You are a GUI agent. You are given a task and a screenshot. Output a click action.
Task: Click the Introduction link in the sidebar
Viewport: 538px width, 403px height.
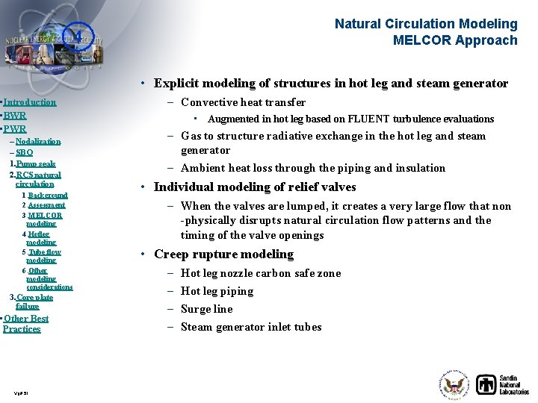point(30,102)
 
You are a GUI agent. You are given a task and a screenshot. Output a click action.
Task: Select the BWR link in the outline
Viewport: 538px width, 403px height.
point(15,116)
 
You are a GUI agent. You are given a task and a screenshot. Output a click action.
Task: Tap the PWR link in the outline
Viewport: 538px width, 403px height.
point(15,129)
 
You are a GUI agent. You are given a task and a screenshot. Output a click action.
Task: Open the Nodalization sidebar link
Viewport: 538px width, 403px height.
point(38,142)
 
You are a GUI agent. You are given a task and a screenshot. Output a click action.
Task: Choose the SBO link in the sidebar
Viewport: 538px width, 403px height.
point(24,152)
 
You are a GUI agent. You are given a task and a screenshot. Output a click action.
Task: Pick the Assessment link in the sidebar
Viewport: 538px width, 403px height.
point(46,205)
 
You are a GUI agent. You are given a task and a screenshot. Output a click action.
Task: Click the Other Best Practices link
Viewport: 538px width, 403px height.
point(25,324)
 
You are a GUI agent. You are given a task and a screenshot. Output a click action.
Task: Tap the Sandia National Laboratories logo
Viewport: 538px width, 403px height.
point(503,384)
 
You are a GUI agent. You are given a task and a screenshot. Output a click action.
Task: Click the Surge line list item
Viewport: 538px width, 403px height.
point(206,309)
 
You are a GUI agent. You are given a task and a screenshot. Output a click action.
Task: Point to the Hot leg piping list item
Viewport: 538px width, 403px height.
point(217,291)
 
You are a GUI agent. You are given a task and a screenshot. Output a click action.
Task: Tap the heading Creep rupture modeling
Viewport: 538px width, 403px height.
point(223,254)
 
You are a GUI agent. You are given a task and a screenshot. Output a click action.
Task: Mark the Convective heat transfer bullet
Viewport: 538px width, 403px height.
point(243,102)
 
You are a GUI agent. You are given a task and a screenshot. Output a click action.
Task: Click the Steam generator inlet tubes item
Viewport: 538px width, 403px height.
point(251,327)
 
